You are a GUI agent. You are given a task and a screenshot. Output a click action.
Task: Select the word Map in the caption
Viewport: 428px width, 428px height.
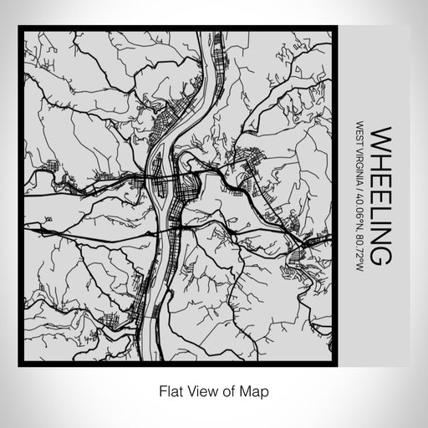[258, 390]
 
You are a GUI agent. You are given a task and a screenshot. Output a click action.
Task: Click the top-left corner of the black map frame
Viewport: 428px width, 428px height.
[21, 28]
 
